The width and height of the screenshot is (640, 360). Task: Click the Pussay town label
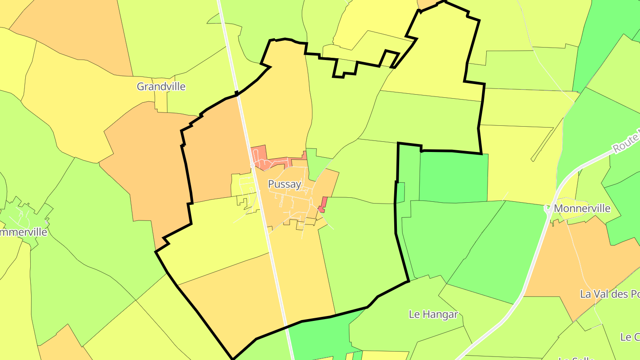coord(285,184)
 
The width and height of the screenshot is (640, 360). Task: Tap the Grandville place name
coord(161,86)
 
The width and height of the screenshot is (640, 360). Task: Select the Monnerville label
coord(582,208)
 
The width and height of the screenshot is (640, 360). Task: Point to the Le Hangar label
coord(433,314)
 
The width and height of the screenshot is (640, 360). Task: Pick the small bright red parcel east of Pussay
coord(323,204)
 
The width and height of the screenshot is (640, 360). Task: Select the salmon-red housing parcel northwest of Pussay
coord(259,156)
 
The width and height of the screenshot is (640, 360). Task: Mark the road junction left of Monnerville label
coord(548,209)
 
